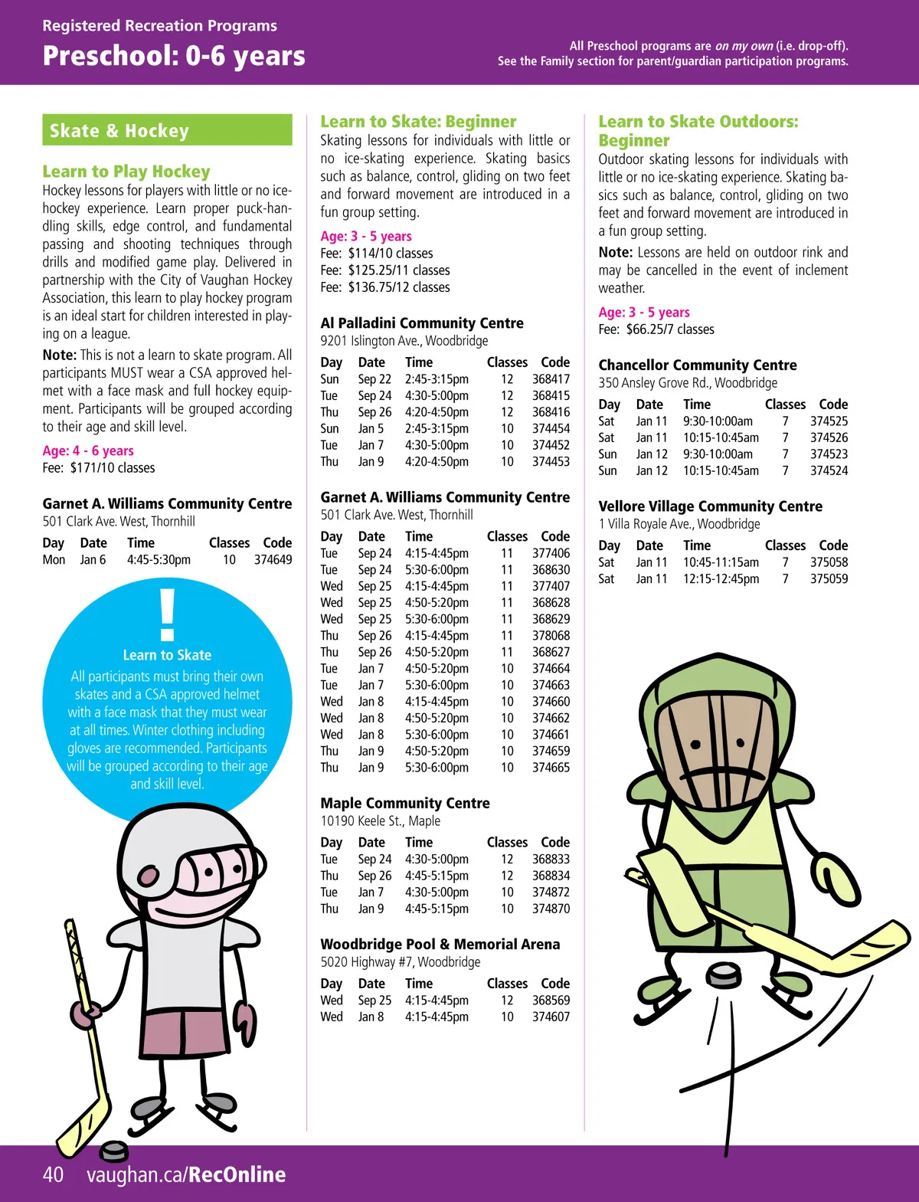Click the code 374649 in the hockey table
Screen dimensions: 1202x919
pyautogui.click(x=273, y=560)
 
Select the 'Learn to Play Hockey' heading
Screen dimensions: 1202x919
pyautogui.click(x=126, y=172)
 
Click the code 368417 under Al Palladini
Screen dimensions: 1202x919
pyautogui.click(x=551, y=379)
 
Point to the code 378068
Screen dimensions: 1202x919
pyautogui.click(x=551, y=636)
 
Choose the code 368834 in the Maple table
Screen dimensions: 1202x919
pyautogui.click(x=551, y=876)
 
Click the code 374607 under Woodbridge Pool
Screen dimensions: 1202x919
pyautogui.click(x=551, y=1017)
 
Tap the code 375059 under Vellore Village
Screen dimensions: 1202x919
pyautogui.click(x=829, y=579)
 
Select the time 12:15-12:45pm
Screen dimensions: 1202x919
pyautogui.click(x=721, y=579)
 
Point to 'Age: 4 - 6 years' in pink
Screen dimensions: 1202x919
pyautogui.click(x=88, y=450)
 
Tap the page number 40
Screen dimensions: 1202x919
pyautogui.click(x=53, y=1174)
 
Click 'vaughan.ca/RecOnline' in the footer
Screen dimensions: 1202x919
pyautogui.click(x=186, y=1174)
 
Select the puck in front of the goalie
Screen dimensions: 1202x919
pyautogui.click(x=722, y=974)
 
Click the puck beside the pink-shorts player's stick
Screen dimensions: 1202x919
pyautogui.click(x=115, y=1150)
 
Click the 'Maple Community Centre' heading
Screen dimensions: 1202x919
pyautogui.click(x=405, y=803)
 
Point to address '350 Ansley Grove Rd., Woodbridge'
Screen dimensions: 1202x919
pyautogui.click(x=688, y=383)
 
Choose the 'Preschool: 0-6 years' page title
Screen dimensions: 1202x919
pyautogui.click(x=174, y=56)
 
